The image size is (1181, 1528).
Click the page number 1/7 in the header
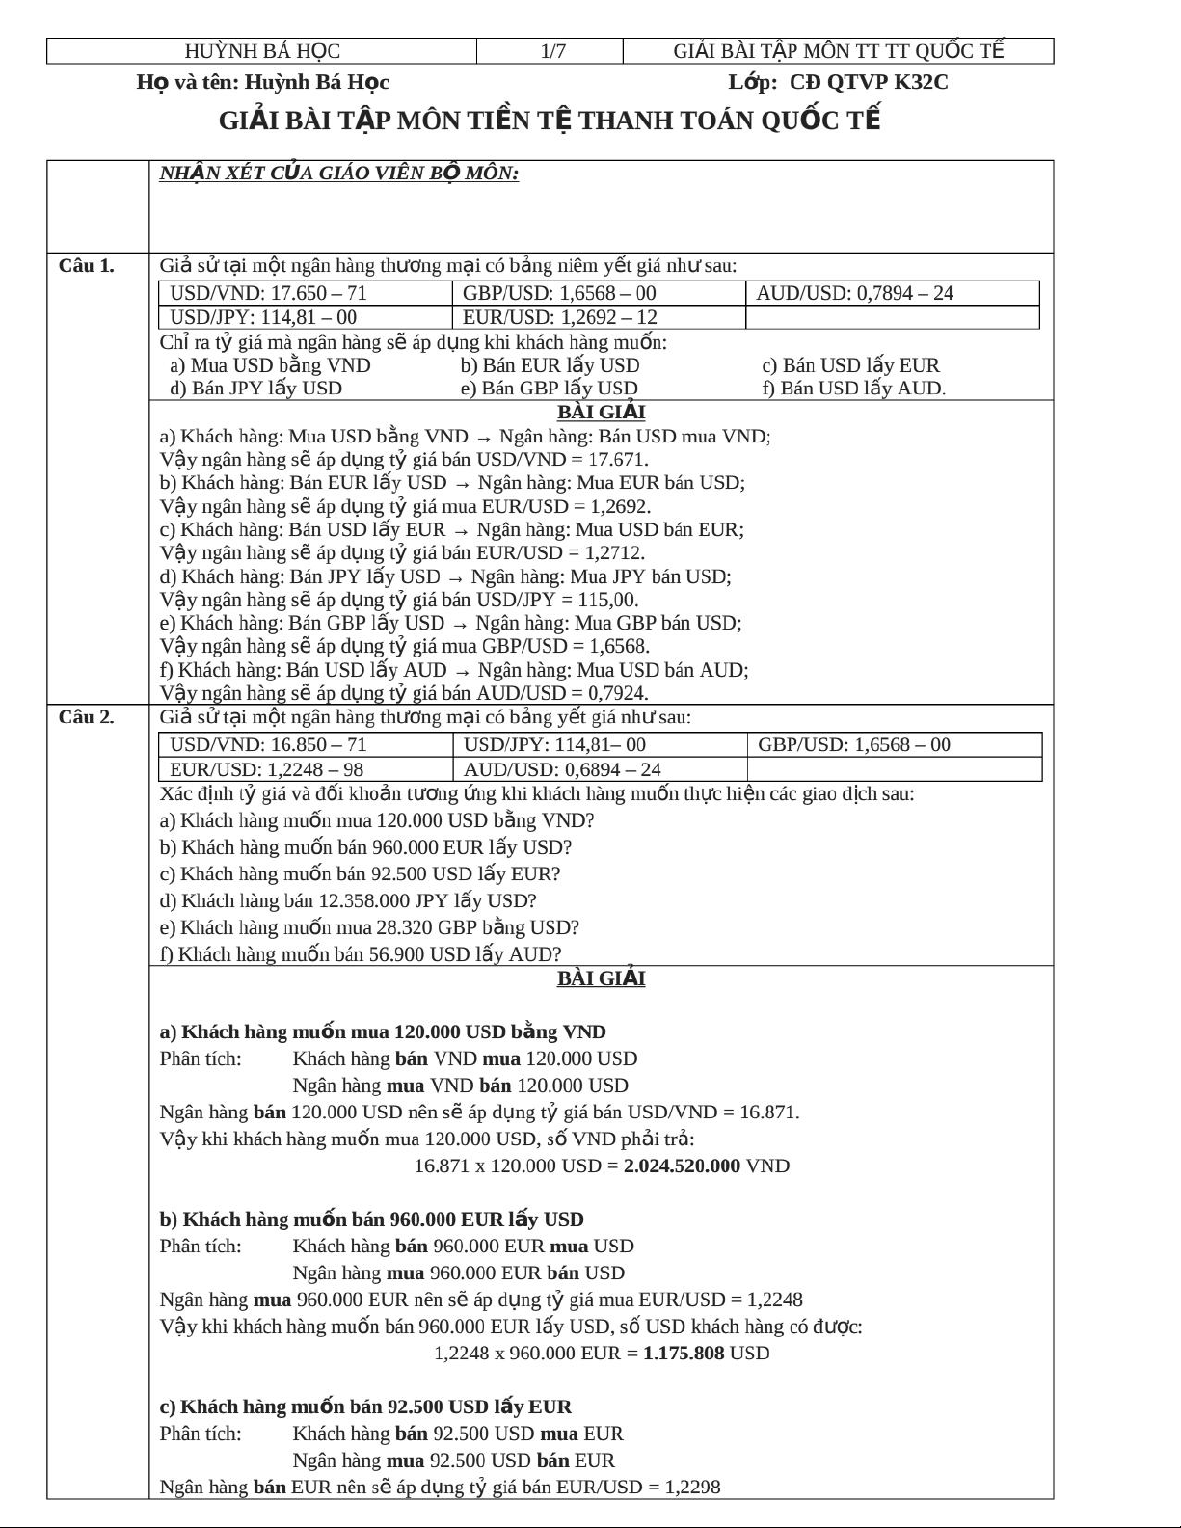[552, 51]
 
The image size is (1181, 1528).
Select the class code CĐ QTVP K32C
[869, 82]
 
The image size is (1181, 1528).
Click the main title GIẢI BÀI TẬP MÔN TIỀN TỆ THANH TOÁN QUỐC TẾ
[550, 121]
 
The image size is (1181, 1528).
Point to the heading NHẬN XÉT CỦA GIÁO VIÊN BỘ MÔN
[339, 174]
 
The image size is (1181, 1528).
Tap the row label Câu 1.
[87, 266]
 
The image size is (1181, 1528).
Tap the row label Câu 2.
[87, 717]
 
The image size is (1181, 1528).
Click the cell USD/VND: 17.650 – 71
[268, 294]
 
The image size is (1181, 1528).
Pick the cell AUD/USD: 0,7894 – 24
[854, 294]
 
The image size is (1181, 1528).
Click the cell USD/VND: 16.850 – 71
[268, 745]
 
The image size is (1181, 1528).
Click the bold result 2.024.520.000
[682, 1166]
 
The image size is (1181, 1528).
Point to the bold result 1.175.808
[684, 1354]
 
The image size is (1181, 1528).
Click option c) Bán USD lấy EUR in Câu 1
[850, 366]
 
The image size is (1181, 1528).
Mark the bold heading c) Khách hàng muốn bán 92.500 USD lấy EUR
[365, 1407]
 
